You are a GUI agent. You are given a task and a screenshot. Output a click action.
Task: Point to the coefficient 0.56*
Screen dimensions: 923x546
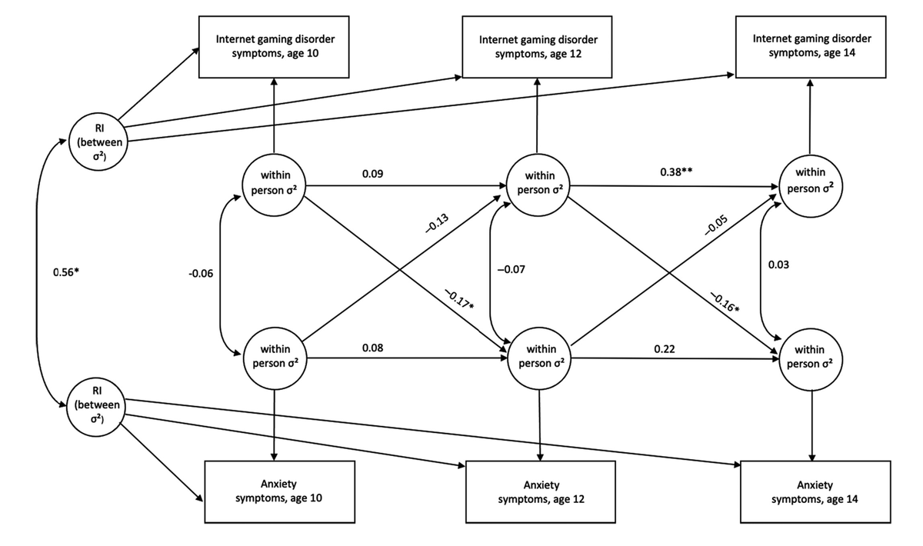[x=66, y=272]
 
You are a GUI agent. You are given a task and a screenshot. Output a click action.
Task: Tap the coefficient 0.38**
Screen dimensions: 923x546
[x=676, y=171]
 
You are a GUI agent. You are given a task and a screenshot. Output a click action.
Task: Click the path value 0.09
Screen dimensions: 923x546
[x=372, y=174]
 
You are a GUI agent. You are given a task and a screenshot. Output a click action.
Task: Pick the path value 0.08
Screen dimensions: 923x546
[x=372, y=348]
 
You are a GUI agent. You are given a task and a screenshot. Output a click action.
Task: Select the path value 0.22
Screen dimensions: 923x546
[x=665, y=349]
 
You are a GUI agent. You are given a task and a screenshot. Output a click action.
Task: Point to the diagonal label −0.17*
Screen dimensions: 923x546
[x=459, y=299]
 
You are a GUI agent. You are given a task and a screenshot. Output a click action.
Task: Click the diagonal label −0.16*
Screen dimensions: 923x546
[x=725, y=302]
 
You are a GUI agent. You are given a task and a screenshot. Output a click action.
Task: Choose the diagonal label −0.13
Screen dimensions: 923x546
[x=437, y=223]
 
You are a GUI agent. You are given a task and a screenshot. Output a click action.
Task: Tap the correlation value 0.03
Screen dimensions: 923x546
[x=778, y=265]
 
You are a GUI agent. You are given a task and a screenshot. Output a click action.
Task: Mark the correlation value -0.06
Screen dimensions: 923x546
[x=201, y=274]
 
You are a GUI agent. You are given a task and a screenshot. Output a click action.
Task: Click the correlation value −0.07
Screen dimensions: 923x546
[x=511, y=269]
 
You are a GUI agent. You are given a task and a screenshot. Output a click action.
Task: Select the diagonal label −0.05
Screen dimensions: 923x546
[x=716, y=225]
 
